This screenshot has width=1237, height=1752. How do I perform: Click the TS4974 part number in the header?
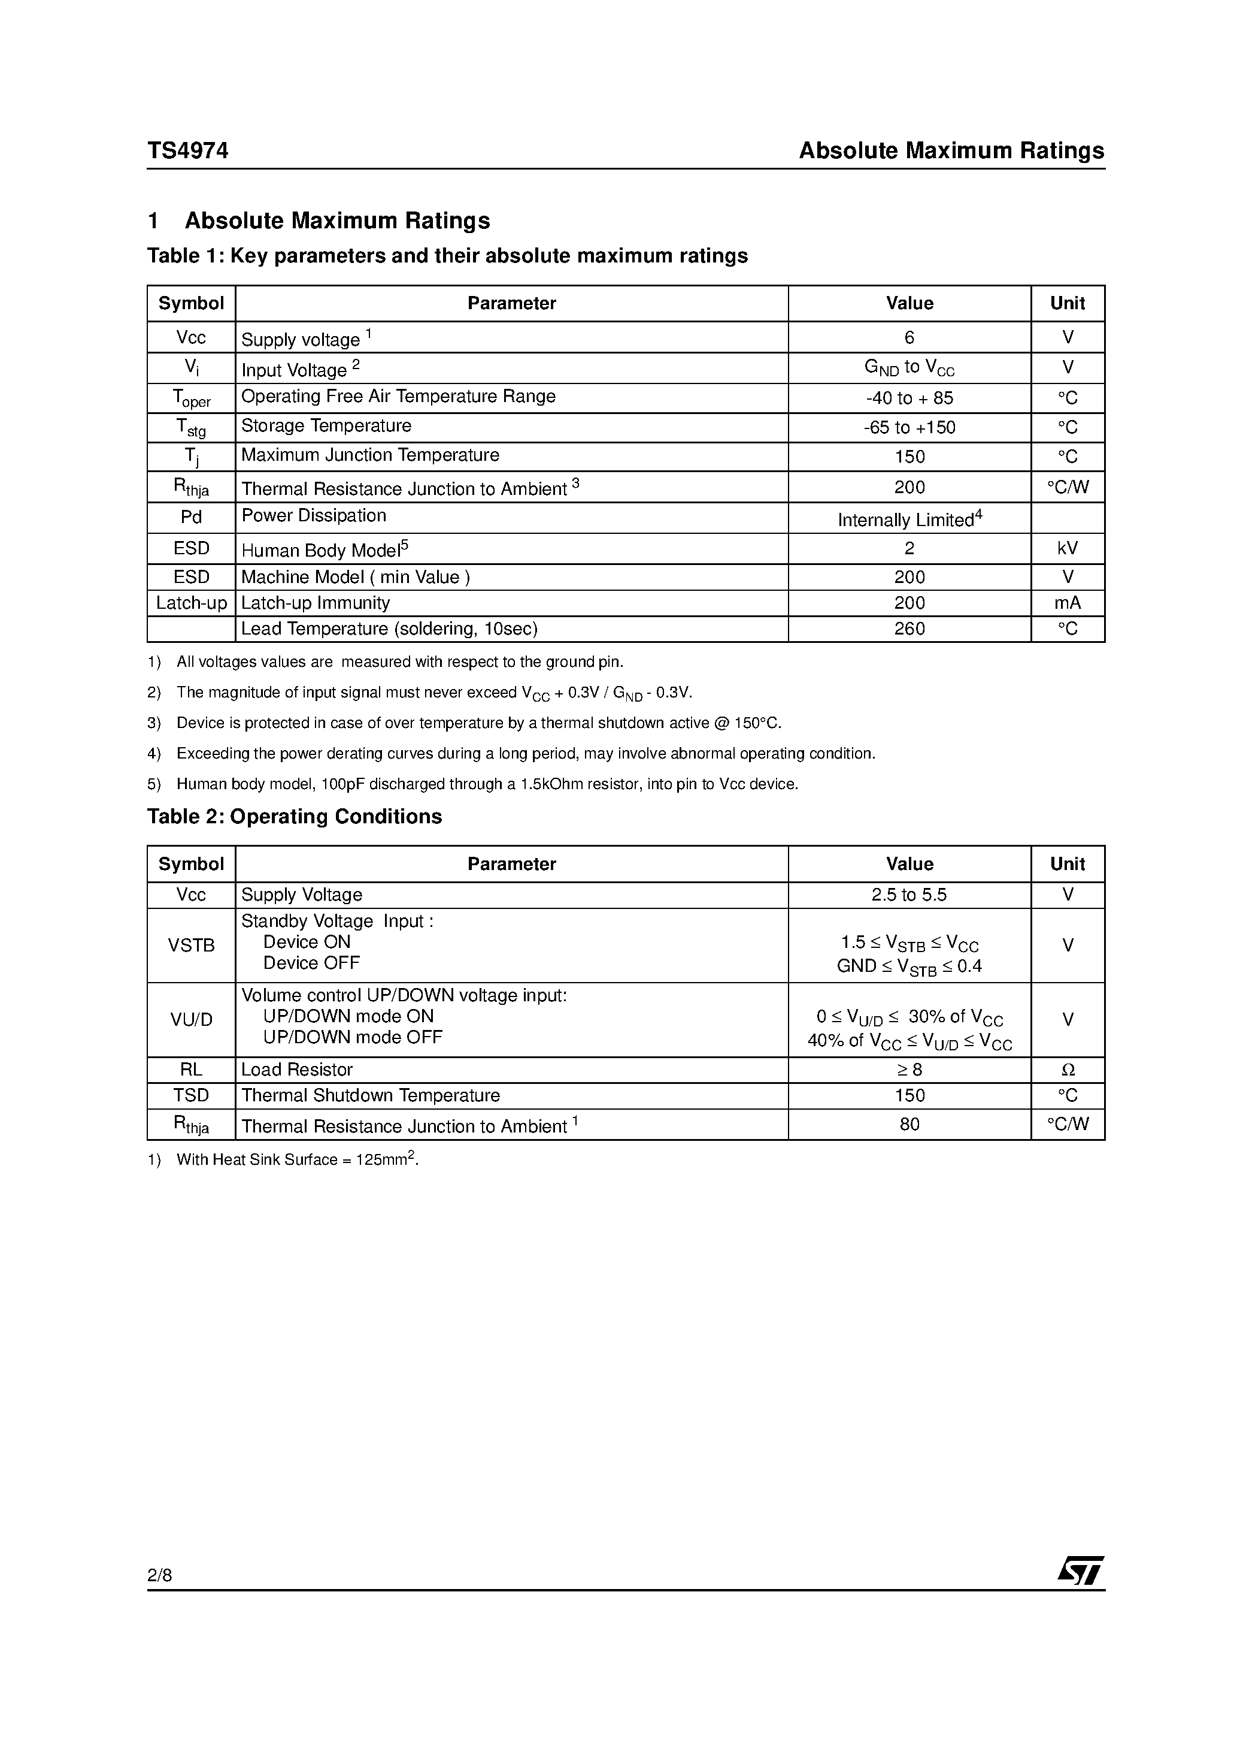click(x=187, y=150)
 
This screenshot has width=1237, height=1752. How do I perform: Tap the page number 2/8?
click(x=159, y=1575)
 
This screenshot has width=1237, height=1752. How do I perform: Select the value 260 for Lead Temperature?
click(x=909, y=629)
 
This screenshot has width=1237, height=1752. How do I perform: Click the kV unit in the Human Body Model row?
click(x=1067, y=548)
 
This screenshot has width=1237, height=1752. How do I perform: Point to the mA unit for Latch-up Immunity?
click(x=1067, y=603)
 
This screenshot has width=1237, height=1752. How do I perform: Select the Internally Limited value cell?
click(x=909, y=519)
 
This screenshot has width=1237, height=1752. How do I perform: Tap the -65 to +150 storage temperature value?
click(x=909, y=427)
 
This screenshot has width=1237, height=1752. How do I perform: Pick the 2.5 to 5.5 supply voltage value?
click(x=909, y=895)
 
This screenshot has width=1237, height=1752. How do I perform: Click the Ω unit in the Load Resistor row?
click(x=1067, y=1070)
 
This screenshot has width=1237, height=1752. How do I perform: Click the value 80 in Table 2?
click(x=909, y=1124)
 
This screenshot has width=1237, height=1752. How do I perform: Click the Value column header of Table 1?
click(x=909, y=303)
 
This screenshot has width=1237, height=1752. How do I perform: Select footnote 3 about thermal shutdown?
click(x=478, y=723)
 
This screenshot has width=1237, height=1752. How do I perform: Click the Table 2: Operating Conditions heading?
click(x=295, y=817)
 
